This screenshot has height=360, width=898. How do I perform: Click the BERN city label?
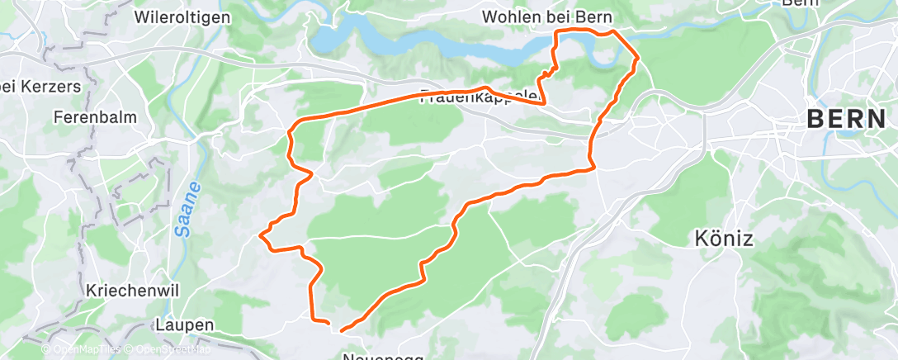[846, 119]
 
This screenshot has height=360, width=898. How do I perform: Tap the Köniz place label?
[722, 239]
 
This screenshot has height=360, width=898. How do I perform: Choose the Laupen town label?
[184, 324]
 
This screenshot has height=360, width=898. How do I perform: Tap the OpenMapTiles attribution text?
[85, 350]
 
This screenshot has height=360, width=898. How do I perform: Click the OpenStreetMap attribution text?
[171, 350]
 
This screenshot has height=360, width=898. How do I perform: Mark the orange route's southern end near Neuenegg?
[340, 330]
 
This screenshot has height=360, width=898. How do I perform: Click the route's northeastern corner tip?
[639, 58]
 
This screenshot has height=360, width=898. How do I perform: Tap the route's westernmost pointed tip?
[262, 235]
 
